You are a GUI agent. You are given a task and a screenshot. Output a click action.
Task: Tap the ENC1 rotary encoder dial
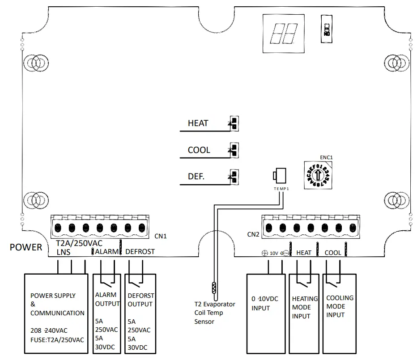pos(318,174)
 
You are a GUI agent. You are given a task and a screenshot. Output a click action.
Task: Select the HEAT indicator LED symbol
pos(233,123)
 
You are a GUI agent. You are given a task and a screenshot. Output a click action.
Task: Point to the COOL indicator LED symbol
pos(233,150)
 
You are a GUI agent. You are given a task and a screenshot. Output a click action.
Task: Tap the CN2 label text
pos(253,234)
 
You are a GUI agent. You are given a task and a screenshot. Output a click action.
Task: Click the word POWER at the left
pos(26,247)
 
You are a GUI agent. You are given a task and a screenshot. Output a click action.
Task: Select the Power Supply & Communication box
pos(56,313)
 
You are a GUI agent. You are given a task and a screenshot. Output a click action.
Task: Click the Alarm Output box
pos(106,313)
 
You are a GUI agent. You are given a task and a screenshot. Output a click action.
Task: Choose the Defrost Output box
pos(141,313)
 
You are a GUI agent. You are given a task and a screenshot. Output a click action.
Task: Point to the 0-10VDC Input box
pos(266,313)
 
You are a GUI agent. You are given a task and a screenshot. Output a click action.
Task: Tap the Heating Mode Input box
pos(305,313)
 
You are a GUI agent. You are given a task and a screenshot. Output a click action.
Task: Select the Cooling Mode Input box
pos(339,313)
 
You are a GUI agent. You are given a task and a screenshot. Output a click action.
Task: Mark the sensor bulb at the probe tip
pos(214,287)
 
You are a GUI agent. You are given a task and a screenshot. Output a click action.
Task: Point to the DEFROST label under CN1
pos(140,252)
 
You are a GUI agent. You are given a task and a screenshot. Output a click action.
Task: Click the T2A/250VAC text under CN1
pos(79,244)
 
